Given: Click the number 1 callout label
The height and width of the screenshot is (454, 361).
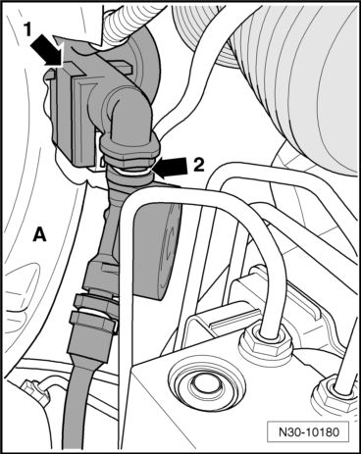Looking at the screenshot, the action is [x=28, y=30].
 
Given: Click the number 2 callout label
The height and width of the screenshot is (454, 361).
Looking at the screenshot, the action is [x=198, y=165].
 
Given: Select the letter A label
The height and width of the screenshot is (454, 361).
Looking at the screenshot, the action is [x=40, y=234].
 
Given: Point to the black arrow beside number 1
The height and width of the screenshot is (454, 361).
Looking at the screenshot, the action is [x=47, y=50].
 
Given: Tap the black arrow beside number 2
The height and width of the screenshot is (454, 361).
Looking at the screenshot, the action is [x=170, y=167].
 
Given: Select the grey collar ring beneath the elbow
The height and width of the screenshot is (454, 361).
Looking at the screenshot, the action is [x=130, y=151].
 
